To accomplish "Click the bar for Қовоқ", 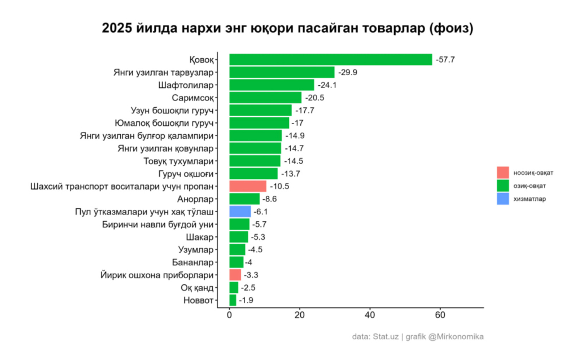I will click(330, 60).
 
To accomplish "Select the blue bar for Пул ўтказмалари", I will click(240, 212).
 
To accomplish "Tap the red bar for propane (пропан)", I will click(248, 186).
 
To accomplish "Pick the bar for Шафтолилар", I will click(272, 85).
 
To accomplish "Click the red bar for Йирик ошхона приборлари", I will click(235, 275).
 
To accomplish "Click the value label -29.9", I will click(348, 73).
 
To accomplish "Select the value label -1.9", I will click(246, 300).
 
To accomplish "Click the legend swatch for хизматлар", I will click(503, 199).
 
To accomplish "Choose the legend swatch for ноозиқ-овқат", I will click(503, 172).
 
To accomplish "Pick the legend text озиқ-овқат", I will click(529, 186).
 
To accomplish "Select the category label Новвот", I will click(199, 300).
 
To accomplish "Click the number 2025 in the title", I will click(117, 28).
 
